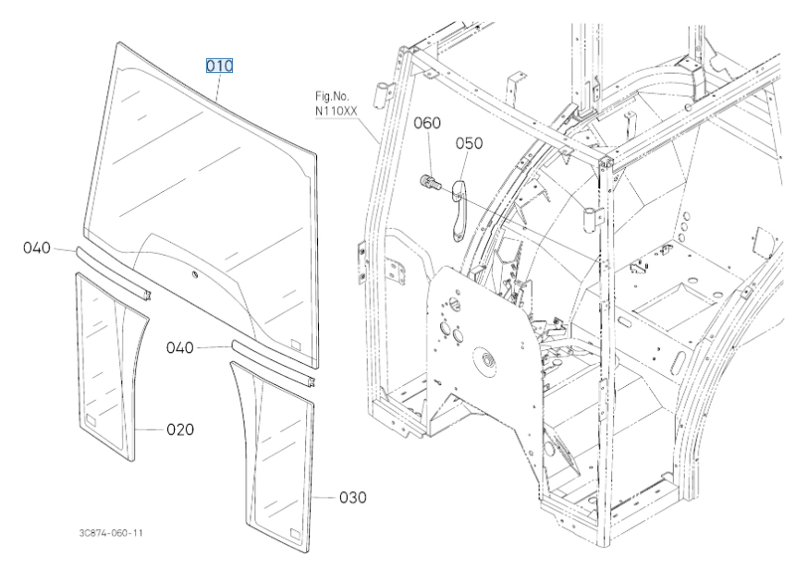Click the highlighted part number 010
click(x=219, y=66)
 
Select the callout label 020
click(x=179, y=429)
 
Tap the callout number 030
click(x=352, y=498)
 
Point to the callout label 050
click(x=469, y=143)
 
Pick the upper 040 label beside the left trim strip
click(x=38, y=248)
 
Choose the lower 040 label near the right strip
click(x=179, y=347)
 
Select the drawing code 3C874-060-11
click(x=111, y=533)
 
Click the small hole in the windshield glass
click(x=193, y=275)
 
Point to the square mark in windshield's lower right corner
click(x=296, y=344)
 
